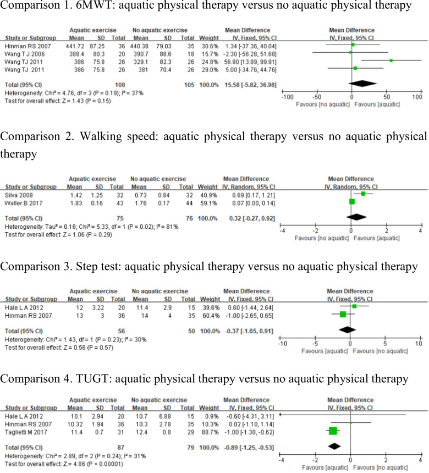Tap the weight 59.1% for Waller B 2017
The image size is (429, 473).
[211, 201]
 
